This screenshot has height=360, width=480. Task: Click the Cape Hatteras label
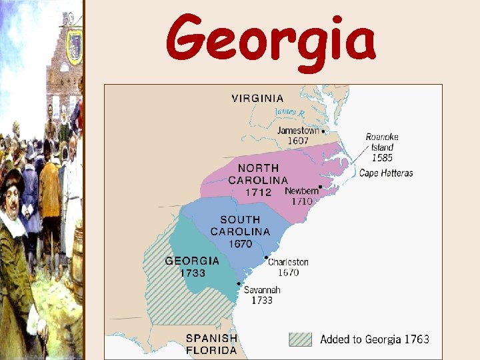coord(386,173)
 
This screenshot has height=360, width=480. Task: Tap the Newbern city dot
coord(321,187)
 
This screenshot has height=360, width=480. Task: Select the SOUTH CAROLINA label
coord(240,225)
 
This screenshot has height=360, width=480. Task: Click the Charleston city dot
coord(266,257)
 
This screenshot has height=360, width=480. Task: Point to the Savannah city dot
coord(239,283)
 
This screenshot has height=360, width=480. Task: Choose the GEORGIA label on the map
coord(192,261)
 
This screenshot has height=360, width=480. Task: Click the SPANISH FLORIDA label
coord(211,344)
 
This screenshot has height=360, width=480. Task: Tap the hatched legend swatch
coord(300,339)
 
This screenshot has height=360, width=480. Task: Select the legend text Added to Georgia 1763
coord(375,339)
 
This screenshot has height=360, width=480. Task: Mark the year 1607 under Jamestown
coord(298,141)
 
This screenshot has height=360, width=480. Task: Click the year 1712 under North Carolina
coord(257,192)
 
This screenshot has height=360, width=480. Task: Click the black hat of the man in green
coord(11,180)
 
